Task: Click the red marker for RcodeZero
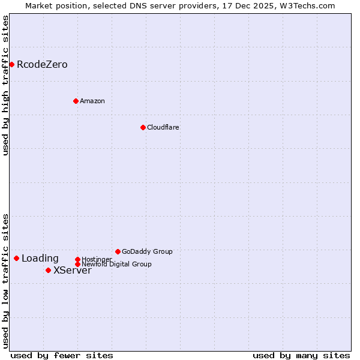(11, 64)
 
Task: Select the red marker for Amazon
(76, 101)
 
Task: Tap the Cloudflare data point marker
(143, 127)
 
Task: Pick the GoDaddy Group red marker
(118, 251)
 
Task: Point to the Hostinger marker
(77, 259)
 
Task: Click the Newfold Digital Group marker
(77, 264)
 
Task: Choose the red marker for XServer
(48, 270)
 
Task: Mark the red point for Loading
(16, 258)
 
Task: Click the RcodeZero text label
(42, 65)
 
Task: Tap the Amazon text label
(92, 101)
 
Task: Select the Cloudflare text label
(163, 127)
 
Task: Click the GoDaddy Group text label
(147, 251)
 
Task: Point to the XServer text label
(73, 271)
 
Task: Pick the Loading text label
(40, 259)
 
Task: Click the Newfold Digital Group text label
(117, 265)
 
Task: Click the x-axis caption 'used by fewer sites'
(62, 355)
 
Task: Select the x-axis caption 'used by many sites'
(301, 355)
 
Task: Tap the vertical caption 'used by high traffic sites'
(6, 85)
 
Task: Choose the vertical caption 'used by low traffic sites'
(6, 281)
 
